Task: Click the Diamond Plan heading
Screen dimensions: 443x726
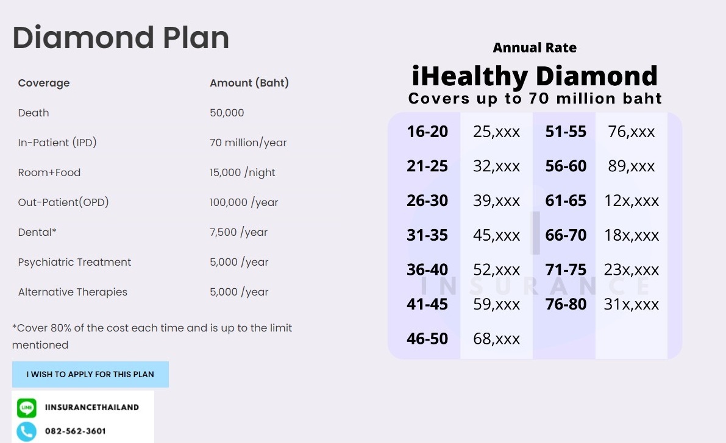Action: pyautogui.click(x=121, y=38)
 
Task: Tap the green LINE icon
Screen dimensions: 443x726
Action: pyautogui.click(x=26, y=408)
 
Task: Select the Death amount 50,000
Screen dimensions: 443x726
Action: pyautogui.click(x=227, y=113)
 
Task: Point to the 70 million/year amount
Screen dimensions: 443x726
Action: pyautogui.click(x=248, y=143)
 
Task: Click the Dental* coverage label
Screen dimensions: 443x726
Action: pyautogui.click(x=37, y=232)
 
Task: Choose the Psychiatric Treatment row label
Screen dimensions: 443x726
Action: pyautogui.click(x=74, y=262)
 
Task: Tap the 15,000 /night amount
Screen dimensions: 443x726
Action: pyautogui.click(x=243, y=172)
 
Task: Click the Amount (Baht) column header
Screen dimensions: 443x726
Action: pyautogui.click(x=249, y=83)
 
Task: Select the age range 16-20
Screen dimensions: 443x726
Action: pyautogui.click(x=427, y=132)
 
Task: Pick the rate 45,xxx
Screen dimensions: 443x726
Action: pyautogui.click(x=497, y=235)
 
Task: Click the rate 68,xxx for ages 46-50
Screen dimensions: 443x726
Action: pyautogui.click(x=497, y=339)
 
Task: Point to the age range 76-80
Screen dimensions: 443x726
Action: pyautogui.click(x=566, y=304)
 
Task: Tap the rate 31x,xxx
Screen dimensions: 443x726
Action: pyautogui.click(x=632, y=304)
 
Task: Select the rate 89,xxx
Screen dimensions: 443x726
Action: pyautogui.click(x=632, y=166)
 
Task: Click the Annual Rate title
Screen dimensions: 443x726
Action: pyautogui.click(x=535, y=48)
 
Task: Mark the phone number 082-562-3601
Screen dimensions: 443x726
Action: pyautogui.click(x=75, y=431)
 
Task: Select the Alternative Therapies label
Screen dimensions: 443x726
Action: pyautogui.click(x=73, y=292)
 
